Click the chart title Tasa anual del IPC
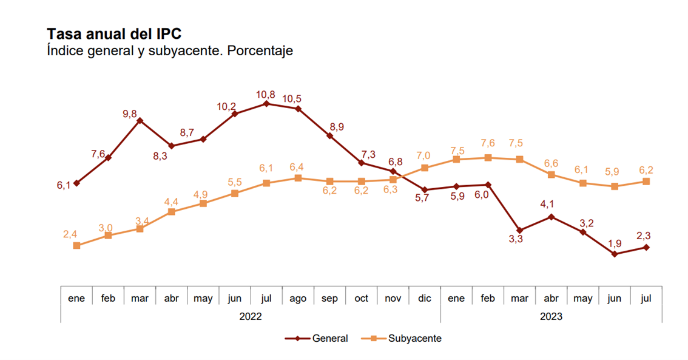[x=114, y=33]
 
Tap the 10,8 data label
[x=266, y=94]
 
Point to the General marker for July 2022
[x=266, y=104]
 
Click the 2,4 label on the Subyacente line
[x=70, y=234]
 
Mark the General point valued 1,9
[x=615, y=254]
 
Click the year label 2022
[x=251, y=316]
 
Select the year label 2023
[x=551, y=316]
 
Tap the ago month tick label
[x=298, y=299]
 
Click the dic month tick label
[x=425, y=299]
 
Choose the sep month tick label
[x=329, y=299]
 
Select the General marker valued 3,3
[x=520, y=231]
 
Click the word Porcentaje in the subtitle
[x=262, y=51]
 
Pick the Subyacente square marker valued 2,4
[x=76, y=245]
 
